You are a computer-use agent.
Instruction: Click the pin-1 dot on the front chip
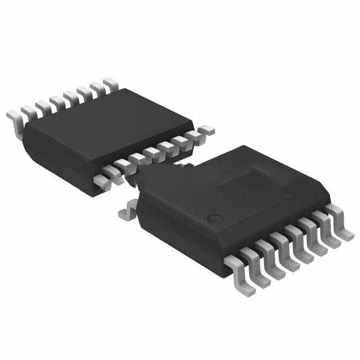(214, 218)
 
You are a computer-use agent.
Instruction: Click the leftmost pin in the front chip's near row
(236, 264)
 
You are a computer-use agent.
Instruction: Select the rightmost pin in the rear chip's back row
(111, 84)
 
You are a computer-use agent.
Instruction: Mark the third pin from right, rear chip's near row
(180, 141)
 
